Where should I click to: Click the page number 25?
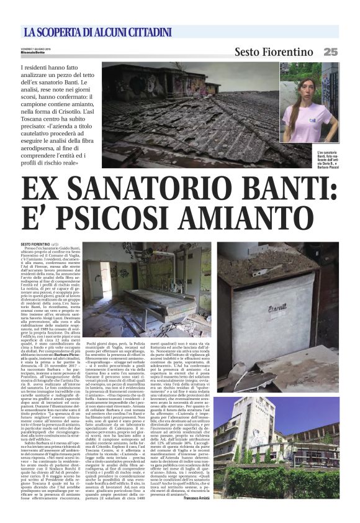330,52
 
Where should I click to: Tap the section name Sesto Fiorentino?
274,52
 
